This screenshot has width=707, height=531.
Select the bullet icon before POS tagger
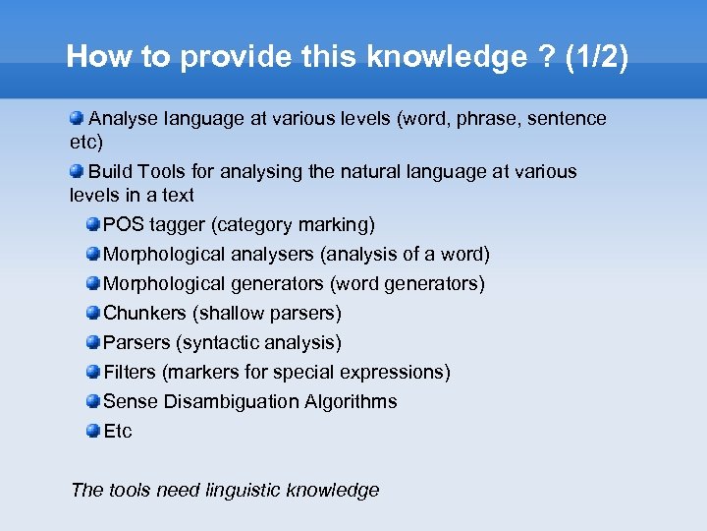click(92, 225)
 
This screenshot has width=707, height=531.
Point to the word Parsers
click(136, 343)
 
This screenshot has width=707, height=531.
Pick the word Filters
click(130, 373)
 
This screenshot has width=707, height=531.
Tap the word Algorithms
click(351, 402)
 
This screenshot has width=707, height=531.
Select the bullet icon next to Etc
click(92, 431)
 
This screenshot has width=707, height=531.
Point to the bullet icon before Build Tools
click(77, 171)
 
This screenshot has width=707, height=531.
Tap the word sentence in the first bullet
click(567, 119)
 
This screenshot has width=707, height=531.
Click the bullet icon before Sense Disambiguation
click(92, 401)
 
